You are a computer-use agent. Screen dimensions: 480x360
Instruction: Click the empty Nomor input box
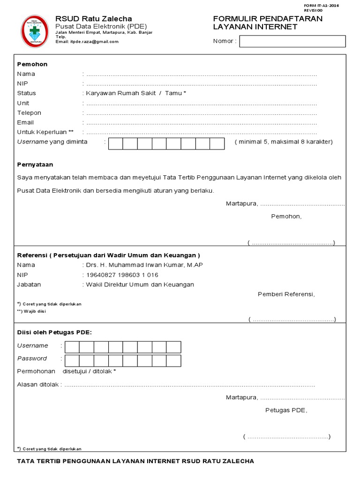(x=292, y=41)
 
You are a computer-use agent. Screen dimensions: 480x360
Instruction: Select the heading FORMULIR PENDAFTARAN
(x=268, y=18)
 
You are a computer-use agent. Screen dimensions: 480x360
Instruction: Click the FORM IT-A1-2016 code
(x=322, y=5)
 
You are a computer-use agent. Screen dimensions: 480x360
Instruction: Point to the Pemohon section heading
(x=32, y=64)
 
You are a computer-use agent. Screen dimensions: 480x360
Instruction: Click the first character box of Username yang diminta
(x=116, y=143)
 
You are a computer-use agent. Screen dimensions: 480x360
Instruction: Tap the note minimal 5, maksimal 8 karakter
(x=284, y=142)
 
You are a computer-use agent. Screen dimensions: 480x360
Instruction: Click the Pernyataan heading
(x=35, y=165)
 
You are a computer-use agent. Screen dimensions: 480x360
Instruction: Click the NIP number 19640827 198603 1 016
(x=122, y=275)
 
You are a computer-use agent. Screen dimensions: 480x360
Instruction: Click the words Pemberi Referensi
(x=286, y=294)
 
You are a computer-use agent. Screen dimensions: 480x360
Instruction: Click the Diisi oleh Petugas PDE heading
(x=55, y=332)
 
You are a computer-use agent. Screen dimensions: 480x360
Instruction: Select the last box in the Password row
(x=173, y=360)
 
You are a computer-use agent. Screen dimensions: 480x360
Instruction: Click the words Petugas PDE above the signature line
(x=286, y=410)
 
